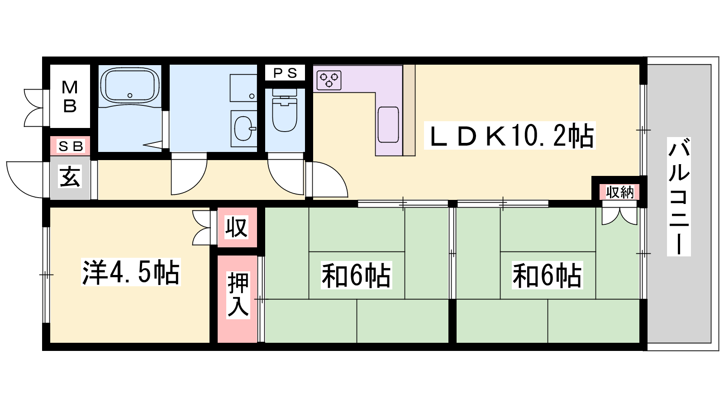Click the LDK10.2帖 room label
pos(510,135)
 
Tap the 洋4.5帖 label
pos(131,272)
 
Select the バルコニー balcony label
pos(679,196)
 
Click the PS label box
pos(285,73)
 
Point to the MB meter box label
pos(70,96)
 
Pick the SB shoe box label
pos(71,147)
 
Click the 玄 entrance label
pos(70,176)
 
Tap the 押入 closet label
pos(238,294)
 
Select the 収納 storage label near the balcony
pos(619,192)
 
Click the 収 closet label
pos(237,227)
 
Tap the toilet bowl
pos(285,114)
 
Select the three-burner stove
pos(329,80)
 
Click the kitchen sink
pos(388,124)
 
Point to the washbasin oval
pos(243,128)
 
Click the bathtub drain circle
pos(130,95)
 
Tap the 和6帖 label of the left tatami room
pos(356,275)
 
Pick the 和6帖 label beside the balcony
pos(547,275)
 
